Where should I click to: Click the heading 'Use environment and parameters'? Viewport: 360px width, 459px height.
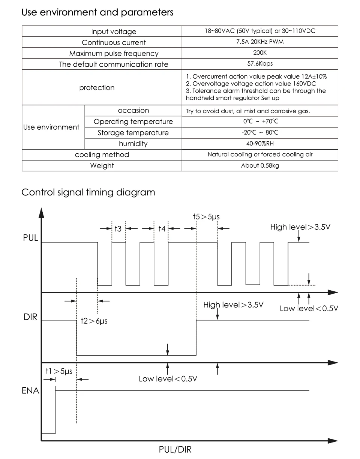point(97,12)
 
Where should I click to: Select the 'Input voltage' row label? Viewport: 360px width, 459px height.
point(114,31)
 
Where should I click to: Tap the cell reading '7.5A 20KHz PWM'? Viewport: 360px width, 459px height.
point(260,42)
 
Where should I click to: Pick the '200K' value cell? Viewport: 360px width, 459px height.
point(260,53)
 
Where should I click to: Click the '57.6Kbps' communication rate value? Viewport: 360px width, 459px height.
point(260,64)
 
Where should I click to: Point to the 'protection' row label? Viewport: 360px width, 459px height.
point(97,88)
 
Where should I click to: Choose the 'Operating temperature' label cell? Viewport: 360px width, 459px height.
point(133,121)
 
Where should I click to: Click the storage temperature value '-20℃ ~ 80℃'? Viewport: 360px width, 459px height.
point(260,133)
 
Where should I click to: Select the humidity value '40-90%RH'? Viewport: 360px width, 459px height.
point(260,144)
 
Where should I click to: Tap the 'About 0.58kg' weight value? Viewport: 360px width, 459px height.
point(260,165)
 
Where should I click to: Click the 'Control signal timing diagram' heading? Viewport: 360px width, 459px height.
point(88,192)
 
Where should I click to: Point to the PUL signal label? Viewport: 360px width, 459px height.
point(30,238)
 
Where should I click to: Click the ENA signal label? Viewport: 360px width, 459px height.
point(30,391)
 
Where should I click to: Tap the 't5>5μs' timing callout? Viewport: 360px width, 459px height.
point(206,217)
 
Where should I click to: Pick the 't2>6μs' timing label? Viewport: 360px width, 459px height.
point(94,321)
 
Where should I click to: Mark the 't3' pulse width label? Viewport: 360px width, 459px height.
point(118,228)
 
